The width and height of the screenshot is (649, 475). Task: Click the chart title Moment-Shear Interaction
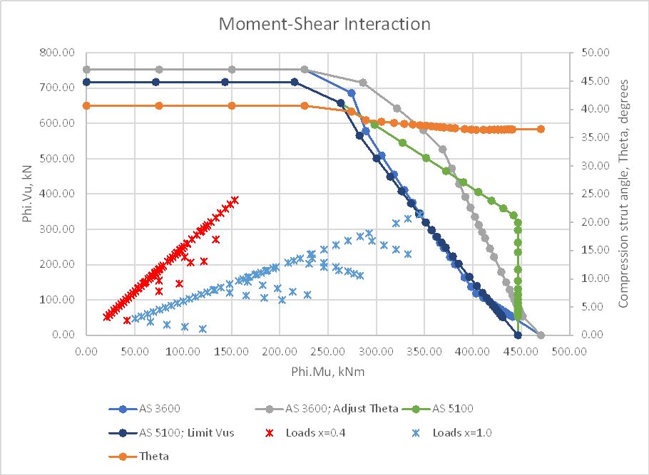(x=324, y=24)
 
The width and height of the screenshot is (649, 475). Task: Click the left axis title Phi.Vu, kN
(x=28, y=194)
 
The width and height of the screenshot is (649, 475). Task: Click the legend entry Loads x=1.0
(x=464, y=432)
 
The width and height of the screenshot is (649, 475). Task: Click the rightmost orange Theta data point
(x=541, y=129)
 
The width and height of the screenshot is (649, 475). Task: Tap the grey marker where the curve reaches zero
(x=541, y=335)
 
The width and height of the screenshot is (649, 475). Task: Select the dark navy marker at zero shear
(x=518, y=335)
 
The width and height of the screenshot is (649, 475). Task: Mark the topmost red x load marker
(x=235, y=200)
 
